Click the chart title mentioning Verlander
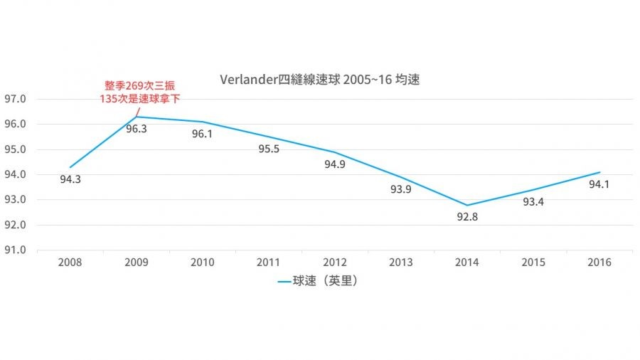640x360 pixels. [320, 80]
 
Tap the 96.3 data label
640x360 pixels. [136, 129]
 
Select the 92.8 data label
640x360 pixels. [467, 217]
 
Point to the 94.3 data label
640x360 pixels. [70, 179]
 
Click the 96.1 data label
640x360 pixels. [202, 134]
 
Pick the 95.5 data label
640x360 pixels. [268, 149]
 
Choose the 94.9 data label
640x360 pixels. [334, 164]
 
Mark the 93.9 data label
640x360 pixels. [401, 190]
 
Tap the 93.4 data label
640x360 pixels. [533, 202]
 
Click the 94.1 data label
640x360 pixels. [599, 184]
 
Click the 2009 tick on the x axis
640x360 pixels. [136, 263]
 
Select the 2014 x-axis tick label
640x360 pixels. [467, 263]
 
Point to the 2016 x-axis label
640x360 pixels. [599, 263]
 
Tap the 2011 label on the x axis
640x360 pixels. [268, 263]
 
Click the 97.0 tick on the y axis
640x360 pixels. [15, 99]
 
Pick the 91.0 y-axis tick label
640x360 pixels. [15, 250]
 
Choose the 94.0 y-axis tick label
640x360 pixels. [15, 174]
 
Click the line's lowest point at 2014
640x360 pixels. [467, 205]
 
